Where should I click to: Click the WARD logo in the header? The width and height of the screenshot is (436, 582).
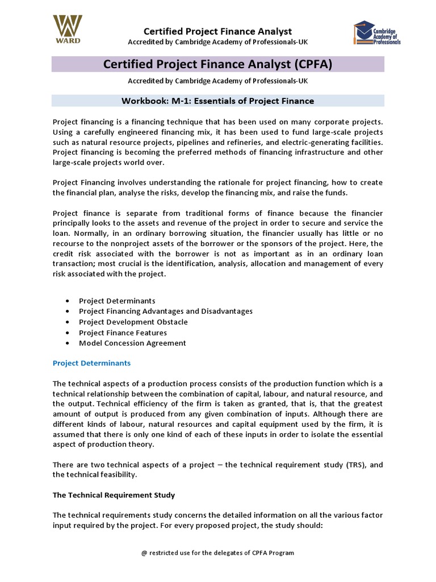pos(68,29)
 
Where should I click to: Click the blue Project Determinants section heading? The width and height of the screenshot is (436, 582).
pos(91,363)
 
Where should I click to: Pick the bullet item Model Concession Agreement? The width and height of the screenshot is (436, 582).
pos(132,343)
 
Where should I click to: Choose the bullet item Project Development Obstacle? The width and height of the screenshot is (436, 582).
pos(133,322)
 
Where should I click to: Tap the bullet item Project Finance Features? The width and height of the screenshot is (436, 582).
pos(123,332)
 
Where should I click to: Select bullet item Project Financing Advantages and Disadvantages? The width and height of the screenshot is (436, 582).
pos(166,311)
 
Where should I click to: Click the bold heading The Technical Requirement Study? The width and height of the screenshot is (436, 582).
pos(114,495)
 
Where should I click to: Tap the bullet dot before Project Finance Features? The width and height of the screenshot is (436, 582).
pos(68,333)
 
